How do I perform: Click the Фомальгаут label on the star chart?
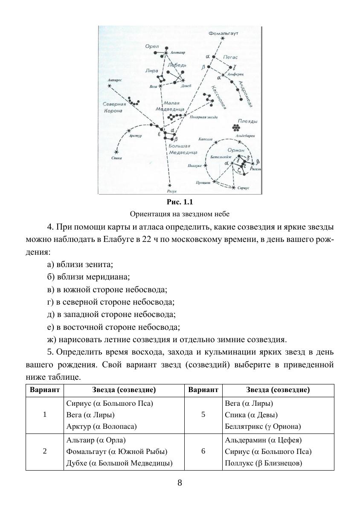(x=223, y=33)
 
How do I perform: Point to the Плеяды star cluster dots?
(x=236, y=127)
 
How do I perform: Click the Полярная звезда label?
(x=204, y=117)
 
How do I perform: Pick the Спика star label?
(x=116, y=158)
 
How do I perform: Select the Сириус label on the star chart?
(x=243, y=188)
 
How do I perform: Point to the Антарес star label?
(x=115, y=80)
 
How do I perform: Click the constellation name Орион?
(x=236, y=150)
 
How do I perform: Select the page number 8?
(x=180, y=483)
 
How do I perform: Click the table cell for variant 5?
(x=203, y=415)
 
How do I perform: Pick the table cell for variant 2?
(x=45, y=451)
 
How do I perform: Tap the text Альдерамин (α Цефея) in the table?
(x=263, y=440)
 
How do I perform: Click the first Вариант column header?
(x=45, y=390)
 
